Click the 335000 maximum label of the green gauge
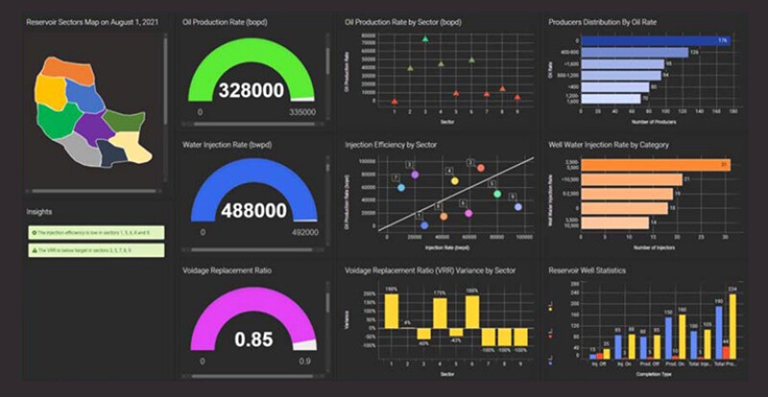tap(300, 112)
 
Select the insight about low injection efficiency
tap(96, 232)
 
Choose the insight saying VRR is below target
tap(96, 250)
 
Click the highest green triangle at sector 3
tap(425, 39)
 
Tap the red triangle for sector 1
tap(395, 101)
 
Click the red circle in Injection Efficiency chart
tap(481, 168)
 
